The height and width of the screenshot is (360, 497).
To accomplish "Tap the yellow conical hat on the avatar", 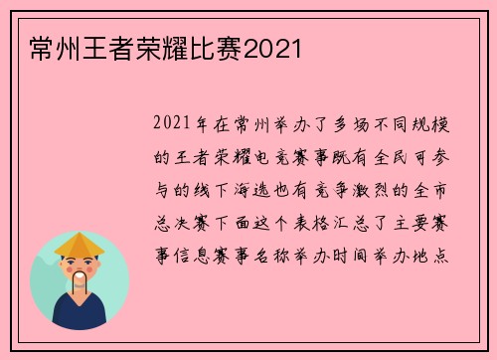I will tap(80, 245).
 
